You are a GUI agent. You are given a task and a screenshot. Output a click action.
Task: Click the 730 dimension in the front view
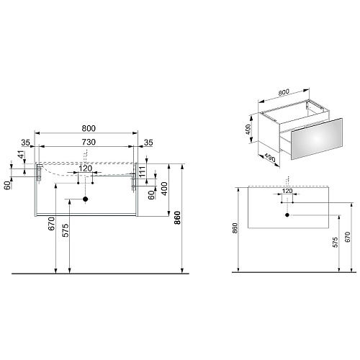(89, 142)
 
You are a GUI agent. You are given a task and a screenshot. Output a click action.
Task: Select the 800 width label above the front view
(89, 128)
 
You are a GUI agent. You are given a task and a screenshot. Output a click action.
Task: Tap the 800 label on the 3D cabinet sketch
(284, 92)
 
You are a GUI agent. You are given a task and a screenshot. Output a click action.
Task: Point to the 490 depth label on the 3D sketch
(270, 158)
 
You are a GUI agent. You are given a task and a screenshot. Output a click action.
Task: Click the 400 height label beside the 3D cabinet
(248, 130)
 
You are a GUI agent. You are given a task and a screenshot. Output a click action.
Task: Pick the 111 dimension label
(143, 171)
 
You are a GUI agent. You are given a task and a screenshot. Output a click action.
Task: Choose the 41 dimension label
(22, 154)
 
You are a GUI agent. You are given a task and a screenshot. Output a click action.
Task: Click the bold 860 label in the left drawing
(177, 217)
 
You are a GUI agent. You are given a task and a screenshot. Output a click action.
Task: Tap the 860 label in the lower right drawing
(235, 228)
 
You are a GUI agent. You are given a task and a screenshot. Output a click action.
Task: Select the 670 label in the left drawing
(52, 224)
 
